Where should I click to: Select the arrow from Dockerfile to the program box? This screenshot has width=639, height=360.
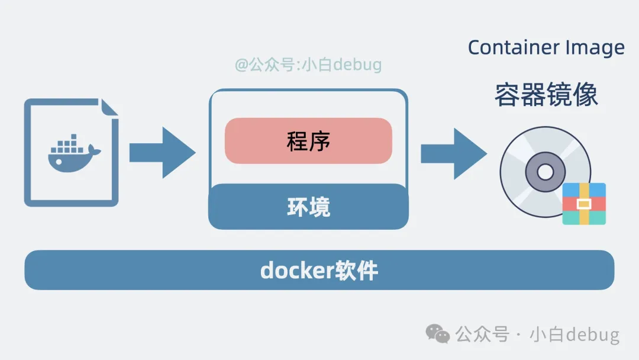(162, 153)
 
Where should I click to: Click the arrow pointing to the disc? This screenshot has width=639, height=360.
(453, 153)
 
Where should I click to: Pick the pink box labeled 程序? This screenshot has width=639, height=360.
(308, 141)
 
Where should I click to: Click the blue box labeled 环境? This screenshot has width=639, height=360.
(308, 207)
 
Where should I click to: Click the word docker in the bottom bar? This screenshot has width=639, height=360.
(289, 271)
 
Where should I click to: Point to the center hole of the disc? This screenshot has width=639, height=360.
(545, 172)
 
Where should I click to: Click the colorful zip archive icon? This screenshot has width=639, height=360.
(584, 204)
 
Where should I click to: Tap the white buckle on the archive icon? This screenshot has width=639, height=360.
(584, 204)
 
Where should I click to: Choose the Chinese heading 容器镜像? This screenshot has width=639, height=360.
(546, 95)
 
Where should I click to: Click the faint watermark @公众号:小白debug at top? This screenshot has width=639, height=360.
(308, 65)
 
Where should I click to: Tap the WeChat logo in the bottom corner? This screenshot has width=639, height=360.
(438, 334)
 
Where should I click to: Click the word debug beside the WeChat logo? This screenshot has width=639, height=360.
(592, 335)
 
